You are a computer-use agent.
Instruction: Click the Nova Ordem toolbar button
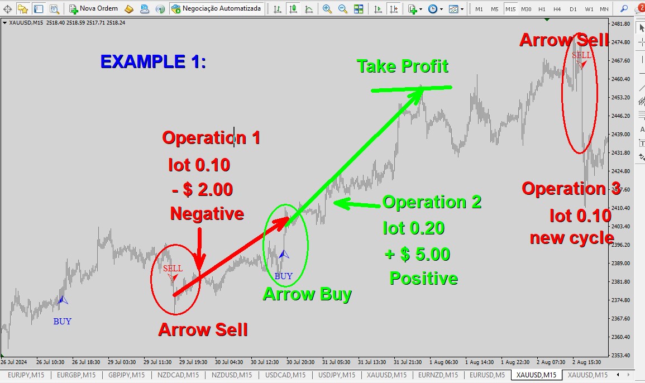point(94,8)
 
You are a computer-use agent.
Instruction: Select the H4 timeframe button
point(557,8)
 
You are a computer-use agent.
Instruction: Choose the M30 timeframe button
point(526,8)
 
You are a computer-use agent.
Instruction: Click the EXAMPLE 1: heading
point(153,62)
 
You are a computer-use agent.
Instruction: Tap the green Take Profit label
point(402,66)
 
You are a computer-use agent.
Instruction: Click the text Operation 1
point(212,138)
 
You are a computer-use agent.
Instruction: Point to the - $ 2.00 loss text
point(203,190)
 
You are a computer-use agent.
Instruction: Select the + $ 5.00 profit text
point(418,254)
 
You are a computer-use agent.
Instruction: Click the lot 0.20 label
point(414,228)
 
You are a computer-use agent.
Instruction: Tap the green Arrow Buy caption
point(307,294)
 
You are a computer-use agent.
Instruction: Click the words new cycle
point(572,238)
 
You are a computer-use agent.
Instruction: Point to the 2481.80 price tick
point(621,24)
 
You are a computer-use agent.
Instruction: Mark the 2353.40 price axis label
point(621,355)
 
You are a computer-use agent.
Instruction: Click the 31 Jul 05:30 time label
point(336,362)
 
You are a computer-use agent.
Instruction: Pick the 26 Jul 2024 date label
point(14,362)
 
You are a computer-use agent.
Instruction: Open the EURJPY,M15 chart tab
point(26,375)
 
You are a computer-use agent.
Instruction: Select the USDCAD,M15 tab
point(285,375)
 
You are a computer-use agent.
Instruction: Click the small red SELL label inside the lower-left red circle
point(173,268)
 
